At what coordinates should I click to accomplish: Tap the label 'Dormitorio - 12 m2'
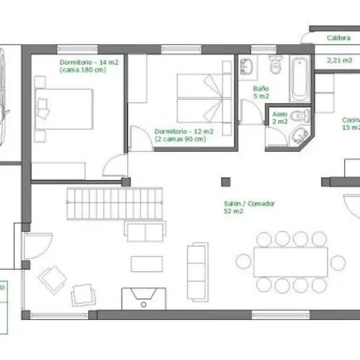point(183,130)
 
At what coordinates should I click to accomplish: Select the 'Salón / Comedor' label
point(250,204)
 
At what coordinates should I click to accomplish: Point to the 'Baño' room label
point(260,89)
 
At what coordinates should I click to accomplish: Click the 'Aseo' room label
point(279,114)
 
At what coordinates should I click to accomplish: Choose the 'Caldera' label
point(338,38)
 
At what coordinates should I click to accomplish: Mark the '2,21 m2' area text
point(339,59)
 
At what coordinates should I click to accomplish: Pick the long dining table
point(290,261)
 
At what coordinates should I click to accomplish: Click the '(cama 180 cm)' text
point(83,70)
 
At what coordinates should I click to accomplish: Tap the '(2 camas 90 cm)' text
point(180,138)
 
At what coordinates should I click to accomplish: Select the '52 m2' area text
point(234,212)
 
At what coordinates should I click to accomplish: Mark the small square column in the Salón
point(226,178)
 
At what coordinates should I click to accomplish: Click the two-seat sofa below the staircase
point(146,232)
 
